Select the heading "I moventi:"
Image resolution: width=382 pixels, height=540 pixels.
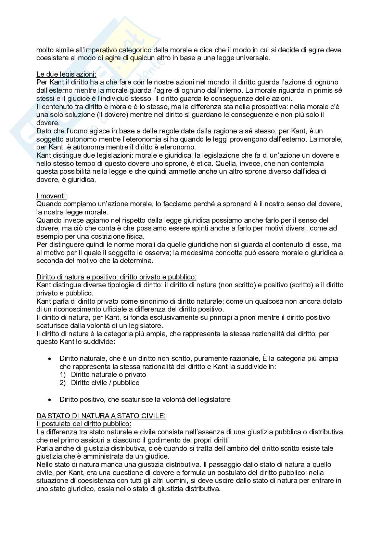52,196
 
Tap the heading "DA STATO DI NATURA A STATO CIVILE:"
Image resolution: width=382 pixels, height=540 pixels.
101,416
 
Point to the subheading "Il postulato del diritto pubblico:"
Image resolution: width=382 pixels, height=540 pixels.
81,424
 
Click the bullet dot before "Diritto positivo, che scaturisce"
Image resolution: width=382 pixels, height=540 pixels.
50,399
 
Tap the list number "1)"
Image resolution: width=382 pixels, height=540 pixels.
63,374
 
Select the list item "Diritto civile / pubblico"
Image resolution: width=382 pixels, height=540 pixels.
105,383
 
